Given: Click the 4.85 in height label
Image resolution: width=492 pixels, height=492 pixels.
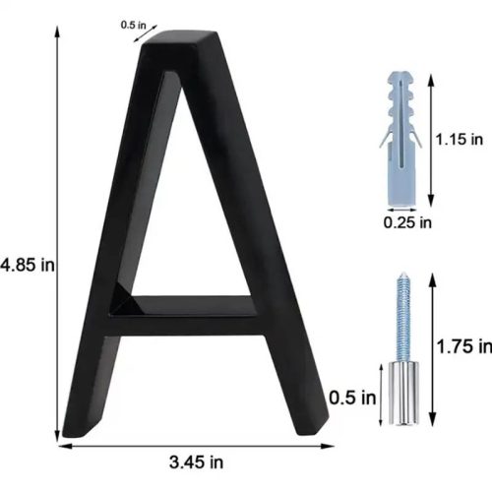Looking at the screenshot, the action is (28, 265).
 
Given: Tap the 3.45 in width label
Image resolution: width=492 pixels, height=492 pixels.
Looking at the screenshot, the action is (196, 462).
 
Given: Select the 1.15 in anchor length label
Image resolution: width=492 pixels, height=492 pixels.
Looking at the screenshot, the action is (460, 139).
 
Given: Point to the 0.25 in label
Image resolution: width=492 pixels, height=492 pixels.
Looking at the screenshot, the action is (407, 222).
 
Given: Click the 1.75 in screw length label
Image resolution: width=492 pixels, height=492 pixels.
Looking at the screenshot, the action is (464, 346).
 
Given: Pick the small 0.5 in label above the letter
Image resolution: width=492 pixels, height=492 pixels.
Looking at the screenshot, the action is (133, 25).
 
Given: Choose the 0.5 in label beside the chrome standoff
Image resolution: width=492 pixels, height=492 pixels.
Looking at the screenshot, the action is (352, 398).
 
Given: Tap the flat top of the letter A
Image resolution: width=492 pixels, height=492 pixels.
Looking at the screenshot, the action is (179, 38).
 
